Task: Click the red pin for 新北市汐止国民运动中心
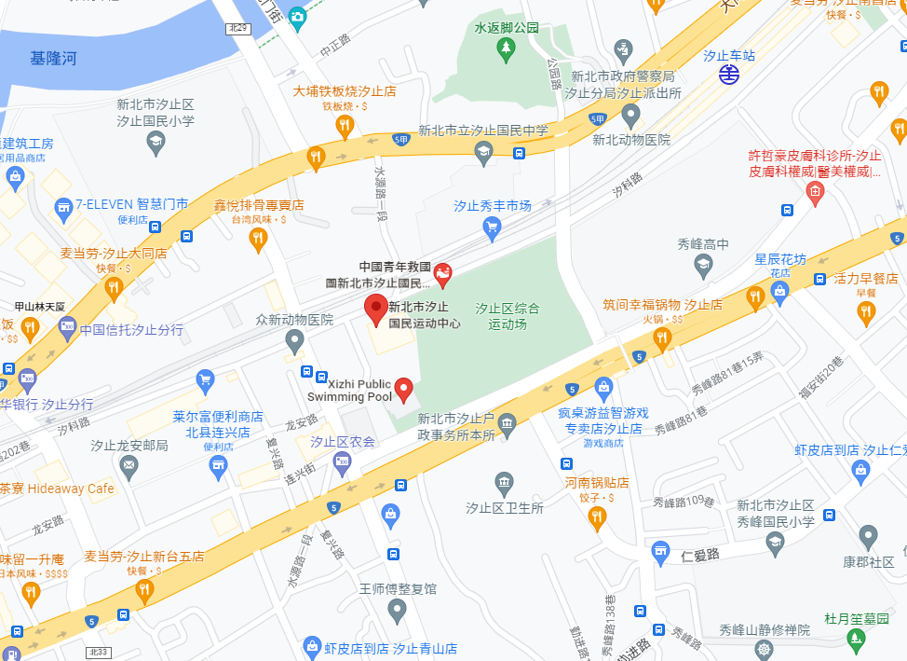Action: pyautogui.click(x=375, y=308)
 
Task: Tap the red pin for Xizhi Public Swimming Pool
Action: pyautogui.click(x=404, y=388)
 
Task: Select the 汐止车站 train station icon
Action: pyautogui.click(x=728, y=75)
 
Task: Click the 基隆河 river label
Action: pyautogui.click(x=53, y=59)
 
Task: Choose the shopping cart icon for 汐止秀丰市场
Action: pyautogui.click(x=493, y=226)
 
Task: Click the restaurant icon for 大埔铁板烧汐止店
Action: pyautogui.click(x=345, y=123)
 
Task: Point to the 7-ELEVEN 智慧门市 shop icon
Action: pyautogui.click(x=63, y=204)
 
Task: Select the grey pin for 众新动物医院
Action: pyautogui.click(x=295, y=341)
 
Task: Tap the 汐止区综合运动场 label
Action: pyautogui.click(x=508, y=316)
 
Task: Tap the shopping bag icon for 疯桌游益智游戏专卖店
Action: pyautogui.click(x=603, y=386)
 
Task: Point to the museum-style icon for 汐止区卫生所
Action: pyautogui.click(x=504, y=483)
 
